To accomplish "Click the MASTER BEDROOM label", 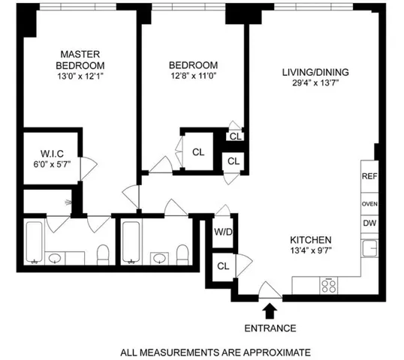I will click(80, 59).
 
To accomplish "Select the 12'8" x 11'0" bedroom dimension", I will click(193, 76).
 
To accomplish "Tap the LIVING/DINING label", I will click(315, 72).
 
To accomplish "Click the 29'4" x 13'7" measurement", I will click(315, 83).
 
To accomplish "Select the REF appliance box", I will click(369, 177).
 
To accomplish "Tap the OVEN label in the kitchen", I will click(369, 203).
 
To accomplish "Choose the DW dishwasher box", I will click(369, 223).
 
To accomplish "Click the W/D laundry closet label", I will click(224, 232).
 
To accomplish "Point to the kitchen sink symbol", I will click(368, 249).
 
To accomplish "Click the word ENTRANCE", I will click(270, 328).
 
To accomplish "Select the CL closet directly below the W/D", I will click(223, 265).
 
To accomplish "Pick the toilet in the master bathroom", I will click(103, 253).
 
